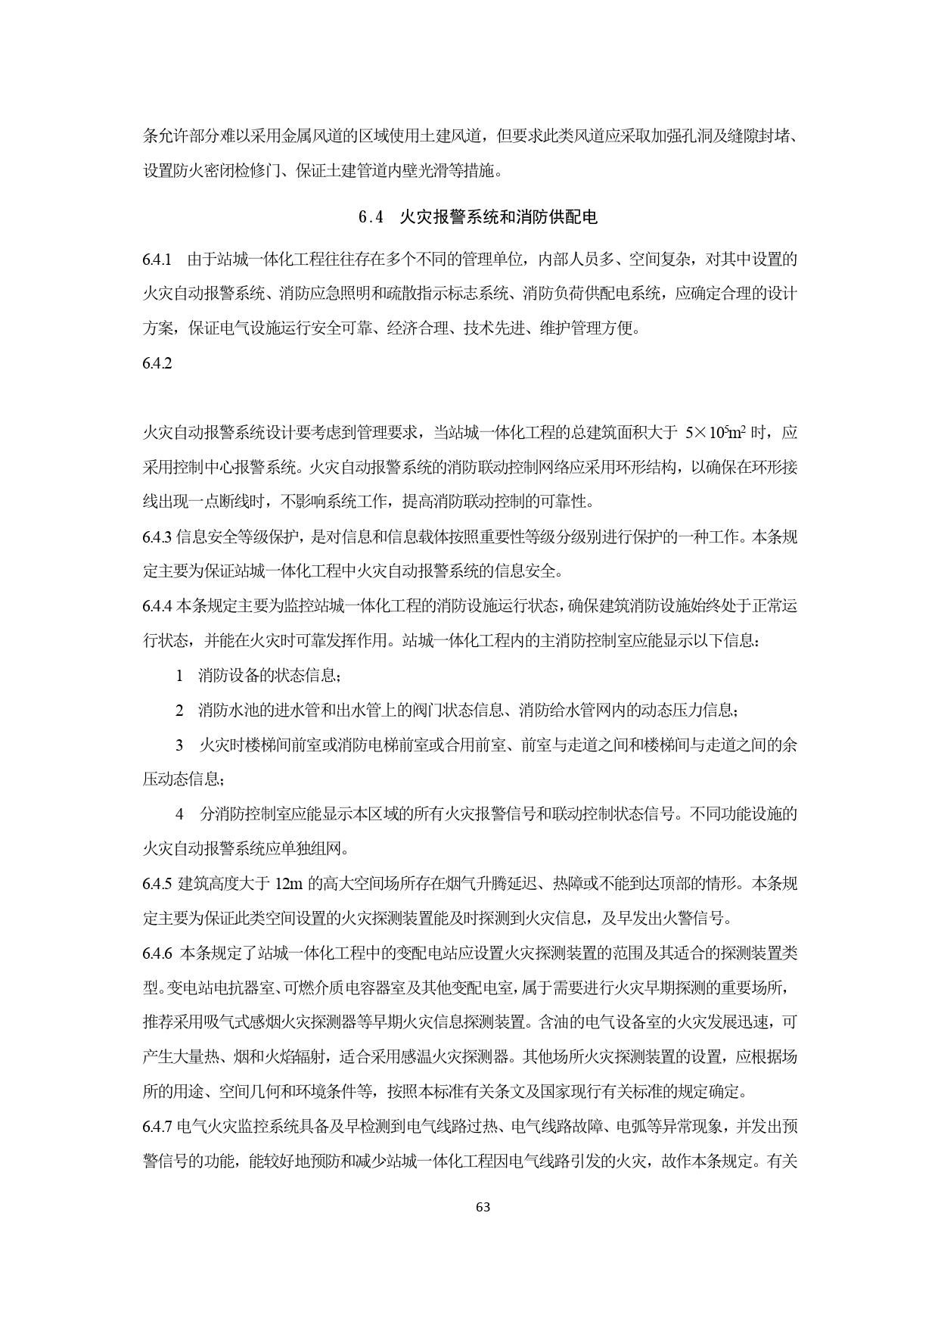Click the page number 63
click(x=483, y=1208)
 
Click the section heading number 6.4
click(x=372, y=218)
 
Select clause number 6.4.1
click(x=157, y=260)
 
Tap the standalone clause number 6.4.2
click(x=157, y=363)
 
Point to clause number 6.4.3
click(x=157, y=537)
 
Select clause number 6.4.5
click(x=157, y=884)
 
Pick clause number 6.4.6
click(x=157, y=953)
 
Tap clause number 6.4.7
click(x=157, y=1127)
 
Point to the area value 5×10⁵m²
click(x=716, y=434)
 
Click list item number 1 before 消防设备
click(x=179, y=676)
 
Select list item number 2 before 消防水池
click(x=179, y=711)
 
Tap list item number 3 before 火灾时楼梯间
click(x=179, y=745)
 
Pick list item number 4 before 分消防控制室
click(x=179, y=815)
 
